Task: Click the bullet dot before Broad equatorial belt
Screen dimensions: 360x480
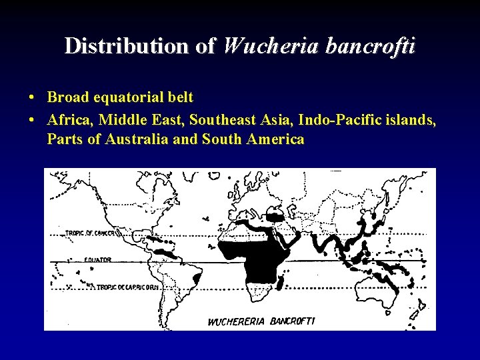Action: tap(32, 98)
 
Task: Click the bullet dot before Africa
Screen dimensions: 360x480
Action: tap(32, 119)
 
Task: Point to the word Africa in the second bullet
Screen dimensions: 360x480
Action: tap(69, 119)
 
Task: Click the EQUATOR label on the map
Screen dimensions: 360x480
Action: tap(97, 259)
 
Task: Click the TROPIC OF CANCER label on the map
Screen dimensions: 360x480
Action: tap(93, 233)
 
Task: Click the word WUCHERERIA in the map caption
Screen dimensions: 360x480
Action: tap(238, 321)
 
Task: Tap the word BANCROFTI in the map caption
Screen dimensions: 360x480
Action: tap(292, 321)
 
